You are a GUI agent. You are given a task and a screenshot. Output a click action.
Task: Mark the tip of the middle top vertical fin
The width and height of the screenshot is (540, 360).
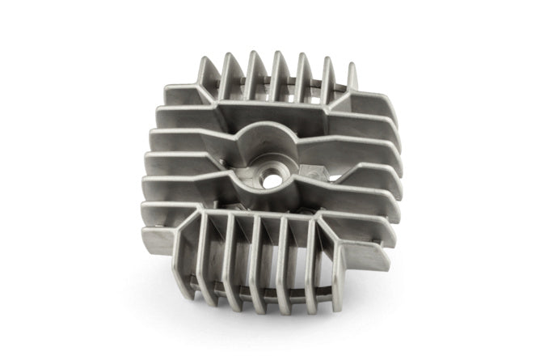(x=277, y=53)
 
